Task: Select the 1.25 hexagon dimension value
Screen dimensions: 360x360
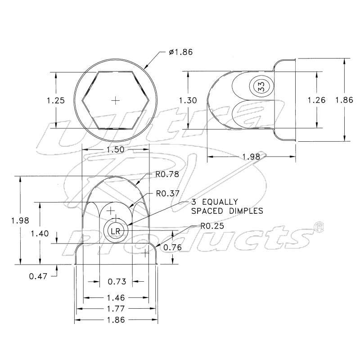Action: (56, 100)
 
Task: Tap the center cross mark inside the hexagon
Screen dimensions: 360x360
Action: (116, 100)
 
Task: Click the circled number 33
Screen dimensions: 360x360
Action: (260, 86)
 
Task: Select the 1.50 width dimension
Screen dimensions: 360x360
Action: (116, 149)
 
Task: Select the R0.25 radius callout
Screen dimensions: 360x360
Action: (212, 226)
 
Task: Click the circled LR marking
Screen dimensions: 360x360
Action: (116, 231)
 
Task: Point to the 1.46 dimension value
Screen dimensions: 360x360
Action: (116, 297)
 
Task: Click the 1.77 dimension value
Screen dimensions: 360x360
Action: (116, 309)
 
